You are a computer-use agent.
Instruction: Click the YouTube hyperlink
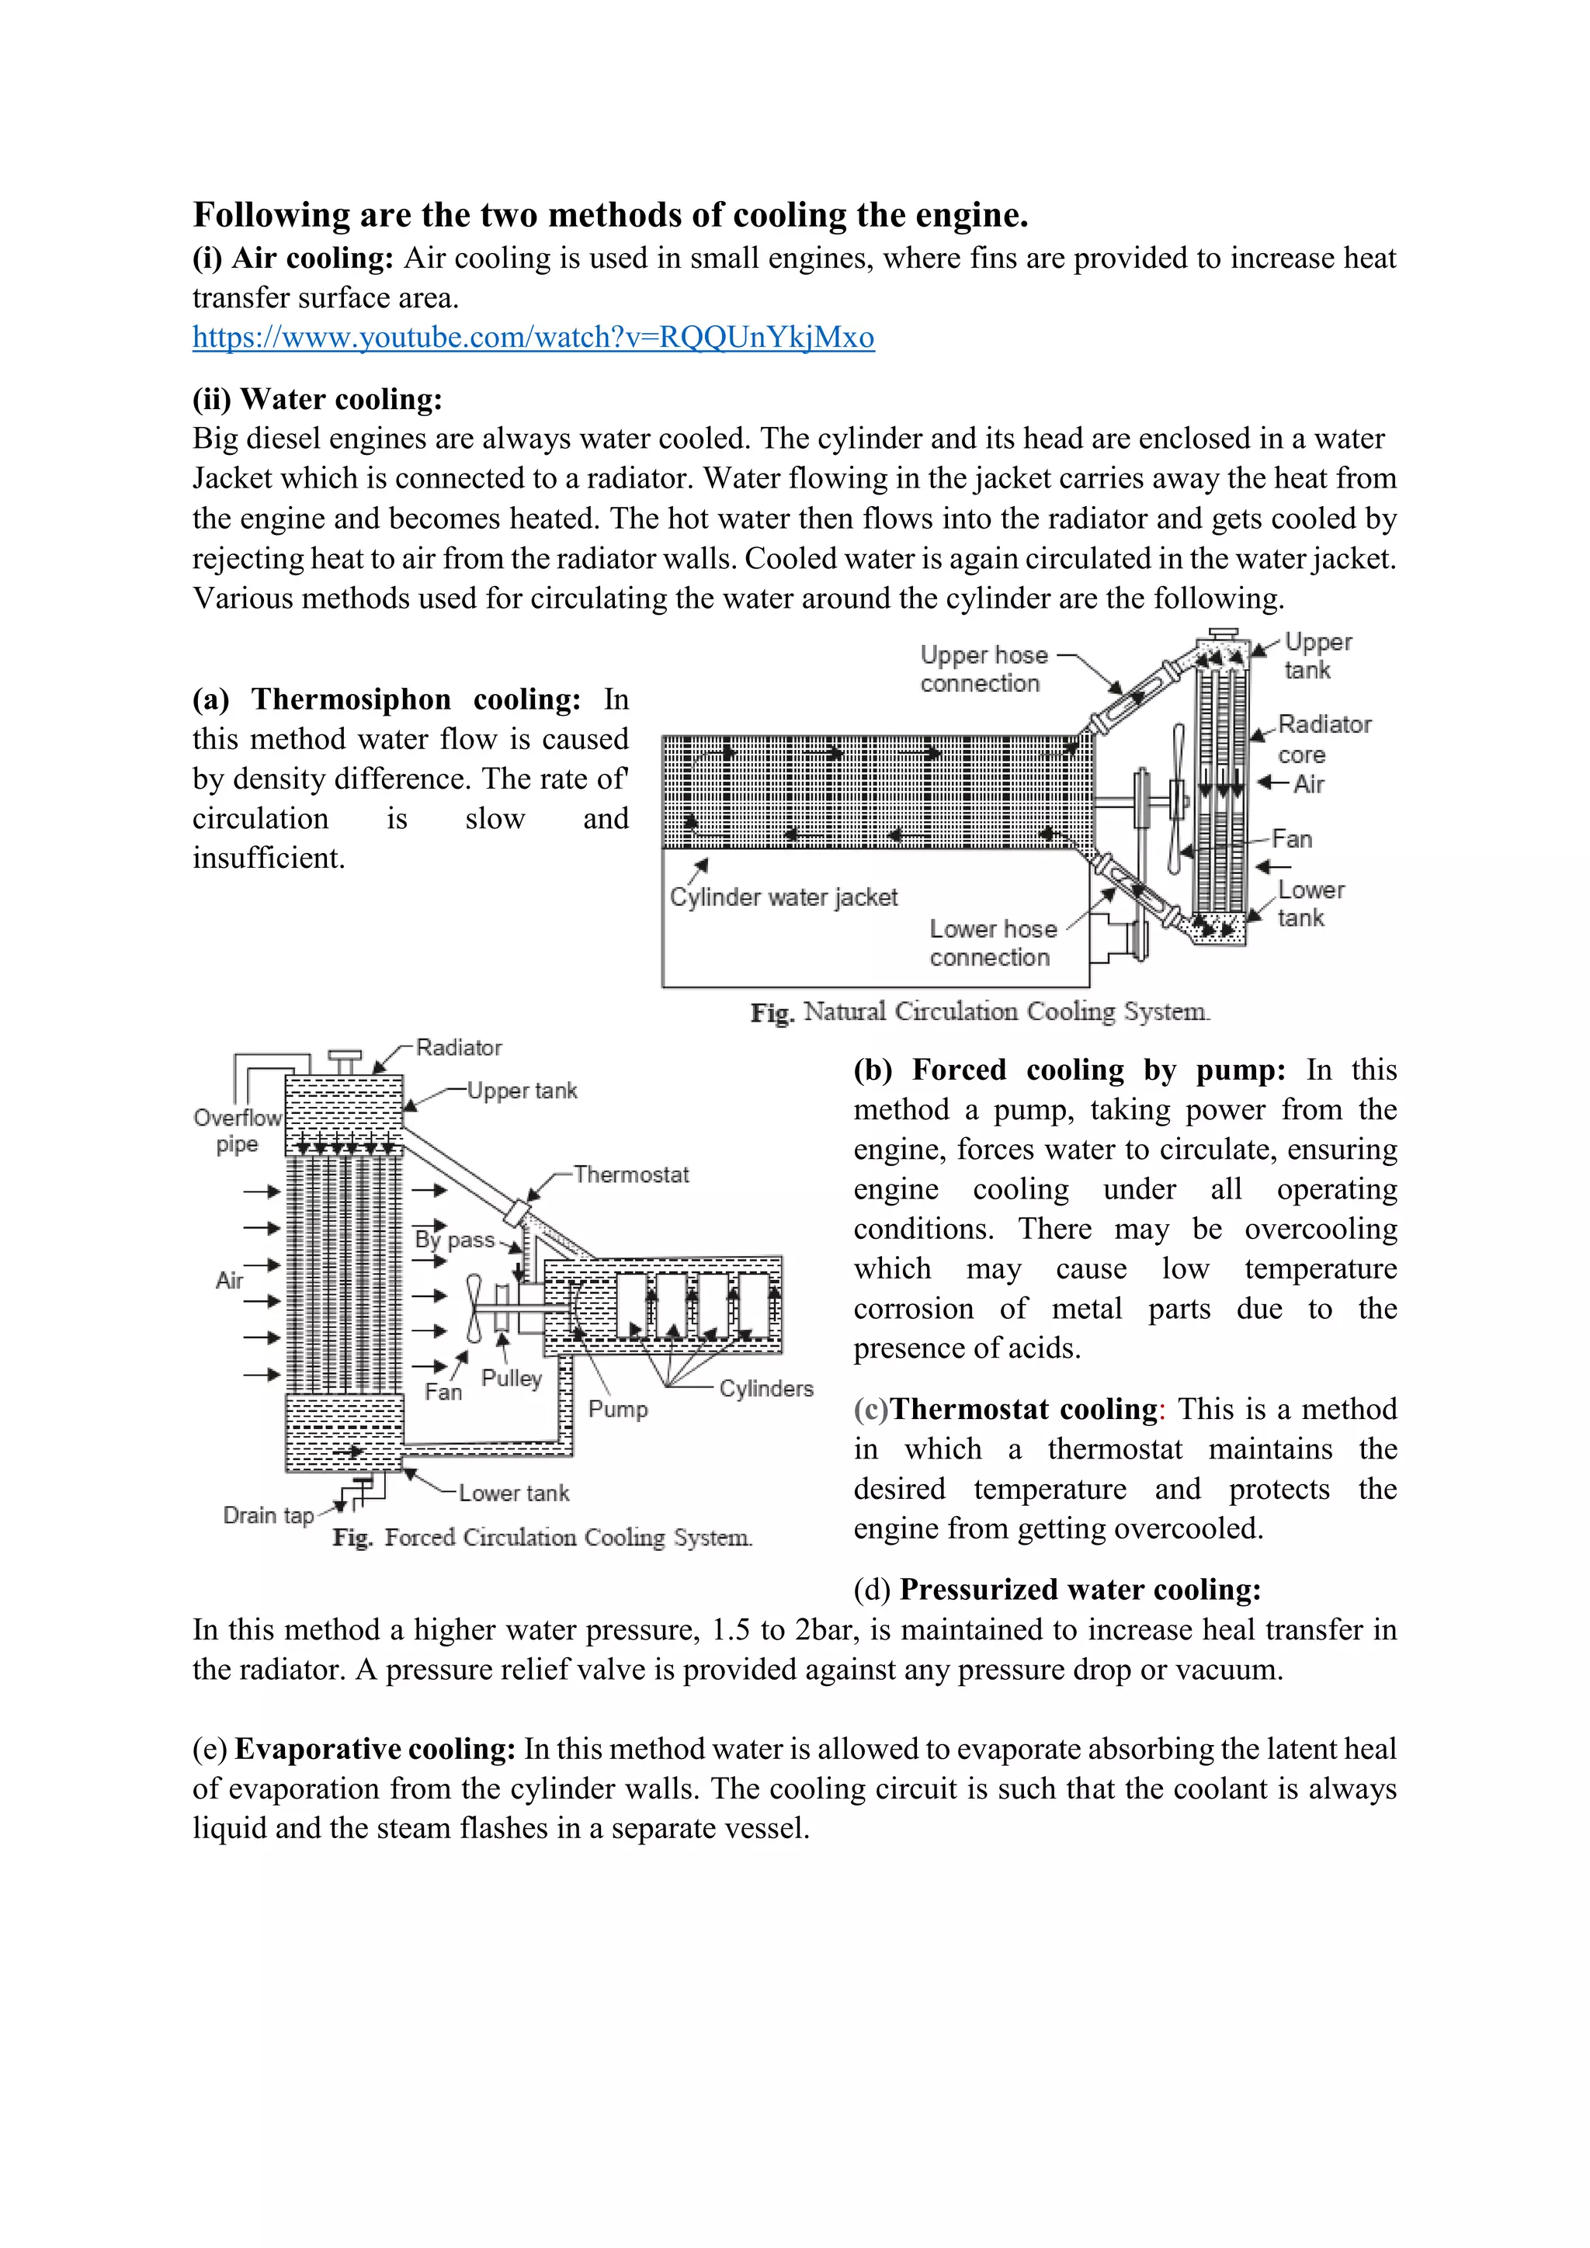point(533,338)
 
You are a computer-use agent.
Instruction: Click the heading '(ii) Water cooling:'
point(318,398)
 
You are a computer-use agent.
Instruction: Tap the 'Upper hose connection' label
point(983,668)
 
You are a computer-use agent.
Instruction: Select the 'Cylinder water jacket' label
point(783,897)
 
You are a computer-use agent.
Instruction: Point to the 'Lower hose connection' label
point(991,943)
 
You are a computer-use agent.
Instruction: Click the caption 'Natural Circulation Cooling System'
point(980,1011)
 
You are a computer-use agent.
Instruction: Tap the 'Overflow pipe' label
point(237,1131)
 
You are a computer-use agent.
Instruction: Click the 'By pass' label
point(454,1240)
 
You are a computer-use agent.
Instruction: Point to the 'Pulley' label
point(511,1378)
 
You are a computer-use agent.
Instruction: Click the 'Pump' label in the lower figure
point(618,1409)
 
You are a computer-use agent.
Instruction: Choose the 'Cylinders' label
point(765,1389)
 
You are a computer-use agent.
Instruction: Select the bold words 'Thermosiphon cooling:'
point(416,699)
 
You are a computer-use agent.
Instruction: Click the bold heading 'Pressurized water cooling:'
point(1080,1589)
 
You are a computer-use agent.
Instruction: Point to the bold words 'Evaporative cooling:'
point(375,1749)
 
